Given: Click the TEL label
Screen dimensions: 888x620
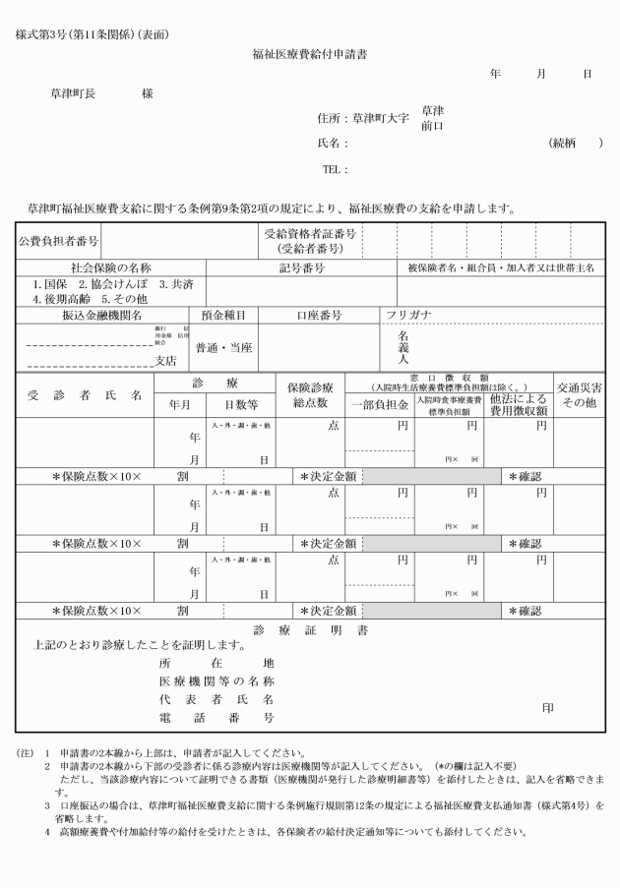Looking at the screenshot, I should [x=335, y=169].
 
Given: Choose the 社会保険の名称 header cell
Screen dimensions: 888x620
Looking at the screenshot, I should [x=111, y=267].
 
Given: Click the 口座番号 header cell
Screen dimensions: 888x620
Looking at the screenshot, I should [x=319, y=315].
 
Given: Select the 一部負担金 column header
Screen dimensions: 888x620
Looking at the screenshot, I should [x=379, y=403].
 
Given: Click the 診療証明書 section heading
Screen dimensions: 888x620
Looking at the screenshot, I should [x=310, y=628].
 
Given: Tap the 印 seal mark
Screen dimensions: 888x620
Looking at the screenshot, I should [x=548, y=706].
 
